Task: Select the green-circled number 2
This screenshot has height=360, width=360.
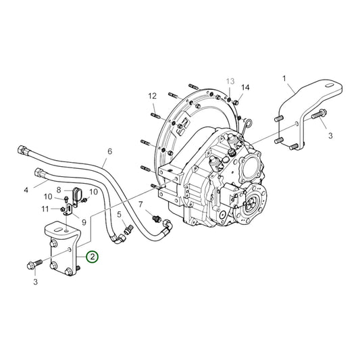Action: click(91, 257)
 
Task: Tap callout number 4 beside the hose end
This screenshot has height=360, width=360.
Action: click(26, 190)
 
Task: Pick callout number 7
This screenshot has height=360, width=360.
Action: click(140, 204)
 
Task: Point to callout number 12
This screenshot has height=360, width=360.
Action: click(153, 97)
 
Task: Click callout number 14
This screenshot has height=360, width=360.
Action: click(246, 88)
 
